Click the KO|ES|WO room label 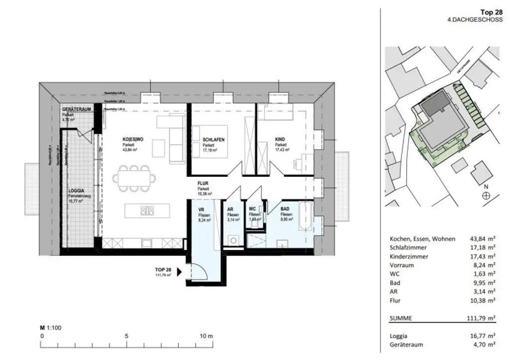tap(133, 140)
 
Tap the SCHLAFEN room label tap(214, 140)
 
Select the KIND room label tap(280, 140)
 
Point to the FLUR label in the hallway tap(203, 183)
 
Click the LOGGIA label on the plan tap(76, 190)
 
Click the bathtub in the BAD tap(305, 216)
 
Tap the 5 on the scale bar tap(127, 336)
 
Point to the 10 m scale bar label tap(206, 336)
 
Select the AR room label tap(230, 210)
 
